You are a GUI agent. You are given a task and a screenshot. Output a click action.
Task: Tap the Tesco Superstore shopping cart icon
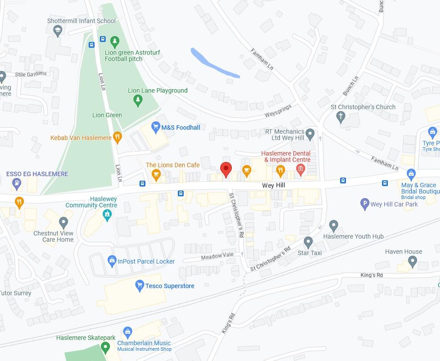[x=140, y=286]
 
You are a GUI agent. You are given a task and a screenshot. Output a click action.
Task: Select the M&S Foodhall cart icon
[x=156, y=128]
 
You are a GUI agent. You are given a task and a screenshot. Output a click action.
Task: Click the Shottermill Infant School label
[x=81, y=21]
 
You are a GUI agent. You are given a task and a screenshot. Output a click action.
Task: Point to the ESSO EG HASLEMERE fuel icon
[x=17, y=182]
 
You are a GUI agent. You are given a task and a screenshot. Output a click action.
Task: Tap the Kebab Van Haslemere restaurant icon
[x=117, y=137]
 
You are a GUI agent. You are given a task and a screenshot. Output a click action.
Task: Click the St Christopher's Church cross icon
[x=341, y=117]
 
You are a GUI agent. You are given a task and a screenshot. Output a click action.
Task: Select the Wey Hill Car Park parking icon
[x=365, y=204]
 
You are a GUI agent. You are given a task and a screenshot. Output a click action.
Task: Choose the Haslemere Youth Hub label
[x=353, y=237]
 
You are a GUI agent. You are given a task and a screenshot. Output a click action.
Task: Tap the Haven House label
[x=403, y=252]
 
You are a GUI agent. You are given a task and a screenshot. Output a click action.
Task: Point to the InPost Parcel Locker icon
[x=112, y=261]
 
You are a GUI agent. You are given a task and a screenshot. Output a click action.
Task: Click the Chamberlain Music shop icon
[x=128, y=332]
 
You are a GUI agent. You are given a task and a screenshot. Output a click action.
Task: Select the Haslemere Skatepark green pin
[x=105, y=347]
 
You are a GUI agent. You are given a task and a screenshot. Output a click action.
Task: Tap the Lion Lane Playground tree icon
[x=138, y=100]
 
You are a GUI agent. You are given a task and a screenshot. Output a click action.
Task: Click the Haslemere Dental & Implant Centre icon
[x=300, y=169]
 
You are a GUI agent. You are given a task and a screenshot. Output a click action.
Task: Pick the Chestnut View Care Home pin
[x=64, y=222]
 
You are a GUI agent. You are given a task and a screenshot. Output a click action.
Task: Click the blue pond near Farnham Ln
[x=214, y=63]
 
